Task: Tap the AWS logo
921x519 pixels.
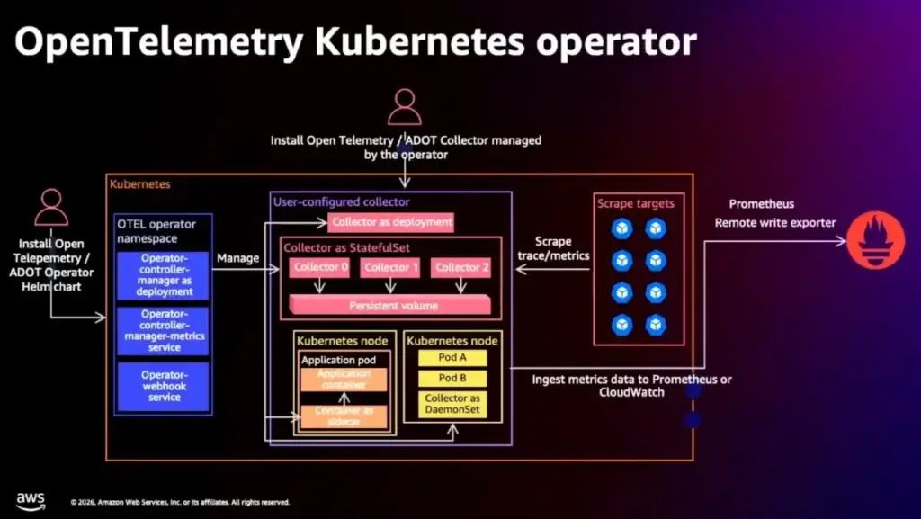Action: (x=31, y=500)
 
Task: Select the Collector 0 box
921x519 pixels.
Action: (x=318, y=267)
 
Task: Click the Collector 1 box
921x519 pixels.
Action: (x=391, y=267)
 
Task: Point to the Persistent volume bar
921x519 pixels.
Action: (x=393, y=305)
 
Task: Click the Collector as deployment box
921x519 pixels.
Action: (x=390, y=222)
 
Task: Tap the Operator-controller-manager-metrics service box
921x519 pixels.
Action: (x=163, y=330)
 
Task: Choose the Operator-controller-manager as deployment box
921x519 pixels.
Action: (x=163, y=275)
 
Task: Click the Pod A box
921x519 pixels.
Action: (x=452, y=358)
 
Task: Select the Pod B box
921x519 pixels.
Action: (x=452, y=379)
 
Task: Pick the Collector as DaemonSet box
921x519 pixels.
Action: (x=452, y=404)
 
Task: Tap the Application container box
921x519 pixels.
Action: (x=344, y=380)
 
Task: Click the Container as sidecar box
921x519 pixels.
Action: (x=344, y=416)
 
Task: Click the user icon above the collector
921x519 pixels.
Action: (x=405, y=108)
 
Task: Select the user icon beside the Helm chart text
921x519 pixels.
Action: (x=51, y=208)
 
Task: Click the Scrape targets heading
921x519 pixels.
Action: (x=635, y=203)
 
